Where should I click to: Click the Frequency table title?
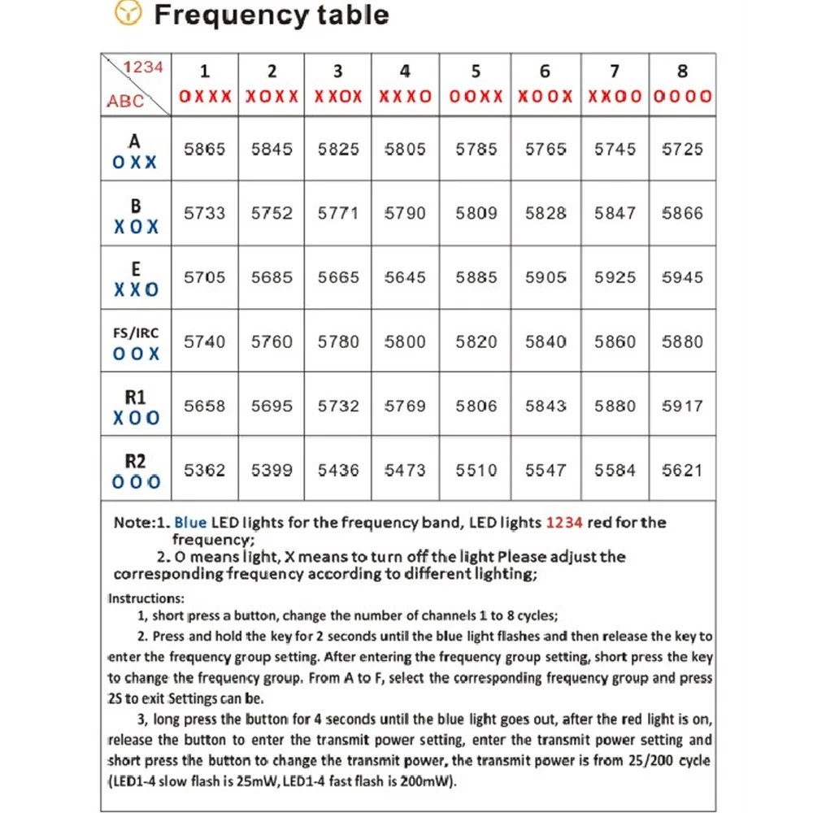(272, 15)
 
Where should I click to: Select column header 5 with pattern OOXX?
(476, 85)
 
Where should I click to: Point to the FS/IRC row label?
(136, 342)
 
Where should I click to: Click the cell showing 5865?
(205, 150)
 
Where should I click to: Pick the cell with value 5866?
(682, 213)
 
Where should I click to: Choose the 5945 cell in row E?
(682, 277)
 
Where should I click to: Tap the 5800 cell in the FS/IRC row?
(405, 341)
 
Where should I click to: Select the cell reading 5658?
(205, 406)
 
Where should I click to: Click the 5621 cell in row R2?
(682, 470)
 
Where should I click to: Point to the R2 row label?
(136, 471)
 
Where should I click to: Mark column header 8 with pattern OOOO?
(682, 85)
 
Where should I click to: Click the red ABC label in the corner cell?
(125, 102)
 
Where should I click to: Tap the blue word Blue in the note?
(191, 523)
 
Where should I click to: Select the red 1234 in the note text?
(564, 523)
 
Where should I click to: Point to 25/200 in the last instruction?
(651, 761)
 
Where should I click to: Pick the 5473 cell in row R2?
(405, 470)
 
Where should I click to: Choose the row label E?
(136, 278)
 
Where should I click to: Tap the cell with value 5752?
(272, 213)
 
